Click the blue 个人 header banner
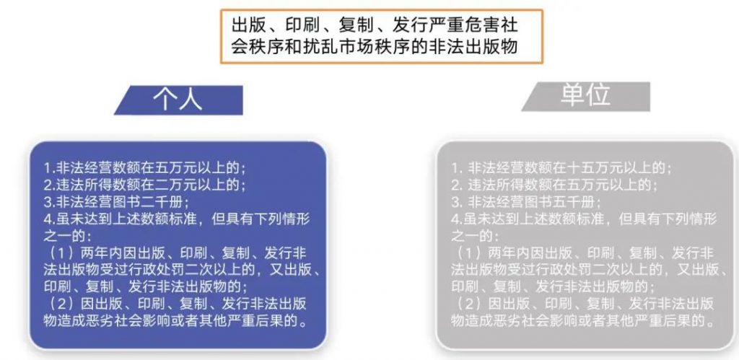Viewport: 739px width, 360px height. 179,100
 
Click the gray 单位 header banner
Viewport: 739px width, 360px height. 585,97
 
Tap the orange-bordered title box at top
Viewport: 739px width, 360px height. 382,36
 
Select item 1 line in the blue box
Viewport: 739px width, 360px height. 144,168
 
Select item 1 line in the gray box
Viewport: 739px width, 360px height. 561,168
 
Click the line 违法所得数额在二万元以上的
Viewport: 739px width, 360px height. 144,185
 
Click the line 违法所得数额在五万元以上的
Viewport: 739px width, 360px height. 554,185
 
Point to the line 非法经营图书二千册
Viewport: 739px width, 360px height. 116,203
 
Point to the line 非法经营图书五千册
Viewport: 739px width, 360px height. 526,203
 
